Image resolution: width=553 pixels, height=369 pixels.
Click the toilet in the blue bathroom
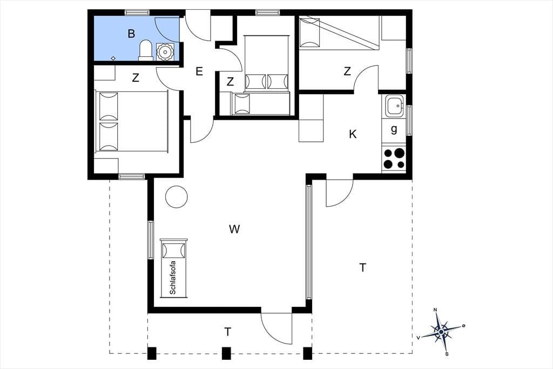[146, 50]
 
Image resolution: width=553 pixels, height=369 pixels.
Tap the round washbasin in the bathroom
[164, 52]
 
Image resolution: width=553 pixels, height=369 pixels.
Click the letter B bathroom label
[131, 34]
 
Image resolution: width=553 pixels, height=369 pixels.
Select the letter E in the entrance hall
[199, 72]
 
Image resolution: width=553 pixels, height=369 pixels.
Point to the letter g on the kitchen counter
[394, 129]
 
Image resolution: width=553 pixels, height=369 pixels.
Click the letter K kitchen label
[353, 134]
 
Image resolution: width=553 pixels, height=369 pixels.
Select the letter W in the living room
[234, 229]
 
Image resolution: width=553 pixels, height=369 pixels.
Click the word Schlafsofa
[173, 278]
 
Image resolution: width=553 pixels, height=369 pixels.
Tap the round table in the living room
[177, 196]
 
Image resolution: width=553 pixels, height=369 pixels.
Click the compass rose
[441, 332]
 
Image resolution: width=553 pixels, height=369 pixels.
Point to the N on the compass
[435, 310]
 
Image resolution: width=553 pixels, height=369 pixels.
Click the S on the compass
[447, 353]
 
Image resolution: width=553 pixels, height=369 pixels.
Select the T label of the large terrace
[362, 268]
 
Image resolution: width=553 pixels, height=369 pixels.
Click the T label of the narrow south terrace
[228, 332]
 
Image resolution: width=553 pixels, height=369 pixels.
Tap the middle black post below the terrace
[226, 353]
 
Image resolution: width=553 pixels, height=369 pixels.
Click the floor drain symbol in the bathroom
[113, 58]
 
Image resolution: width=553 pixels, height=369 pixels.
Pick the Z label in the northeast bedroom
[347, 71]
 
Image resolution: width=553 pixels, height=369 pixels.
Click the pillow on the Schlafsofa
[173, 251]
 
